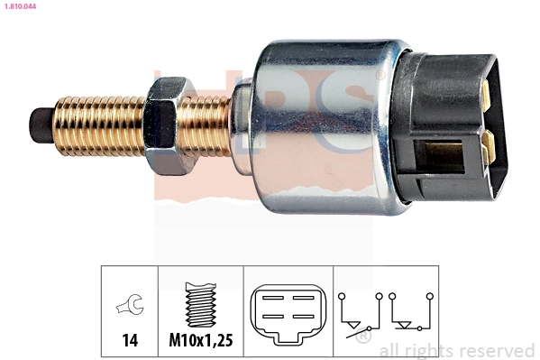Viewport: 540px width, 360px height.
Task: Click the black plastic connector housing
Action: click(x=446, y=126)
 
